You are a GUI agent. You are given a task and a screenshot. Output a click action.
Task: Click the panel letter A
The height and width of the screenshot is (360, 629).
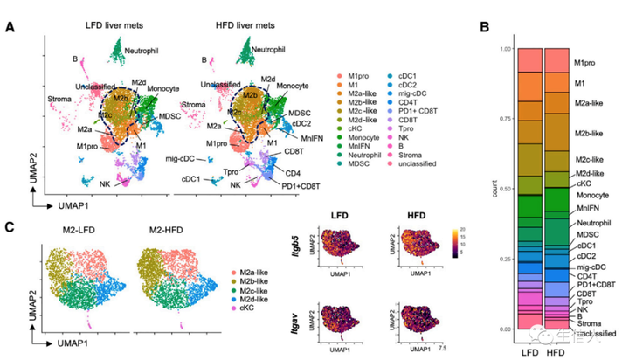click(10, 29)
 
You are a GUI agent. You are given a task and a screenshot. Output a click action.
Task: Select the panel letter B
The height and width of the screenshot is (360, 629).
click(487, 29)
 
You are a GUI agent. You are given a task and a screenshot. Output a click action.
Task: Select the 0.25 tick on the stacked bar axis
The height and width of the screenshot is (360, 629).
click(505, 259)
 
